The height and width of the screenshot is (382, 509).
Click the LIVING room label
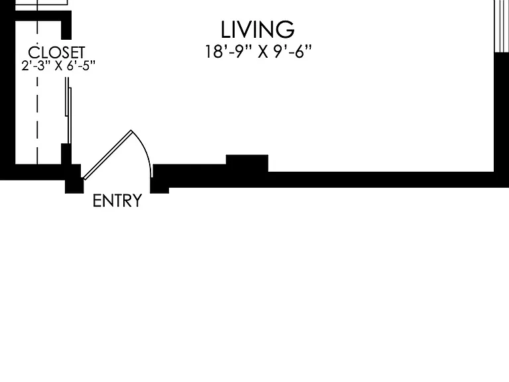[x=257, y=30]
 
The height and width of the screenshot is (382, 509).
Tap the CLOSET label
[x=56, y=52]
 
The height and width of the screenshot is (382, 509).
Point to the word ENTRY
[x=117, y=200]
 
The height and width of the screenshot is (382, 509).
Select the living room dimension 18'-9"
[x=229, y=51]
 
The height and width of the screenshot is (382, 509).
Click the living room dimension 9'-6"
[x=292, y=51]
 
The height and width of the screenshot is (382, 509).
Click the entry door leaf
[x=108, y=155]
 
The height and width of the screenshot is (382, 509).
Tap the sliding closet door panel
[x=68, y=111]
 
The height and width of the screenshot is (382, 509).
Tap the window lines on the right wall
[x=502, y=26]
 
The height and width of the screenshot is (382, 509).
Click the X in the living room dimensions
[x=263, y=52]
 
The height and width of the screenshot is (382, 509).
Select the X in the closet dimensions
[x=59, y=66]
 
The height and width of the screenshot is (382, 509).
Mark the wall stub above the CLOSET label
[x=66, y=30]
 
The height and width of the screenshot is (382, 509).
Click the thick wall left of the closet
[x=7, y=88]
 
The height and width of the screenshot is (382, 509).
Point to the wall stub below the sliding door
[x=66, y=154]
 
